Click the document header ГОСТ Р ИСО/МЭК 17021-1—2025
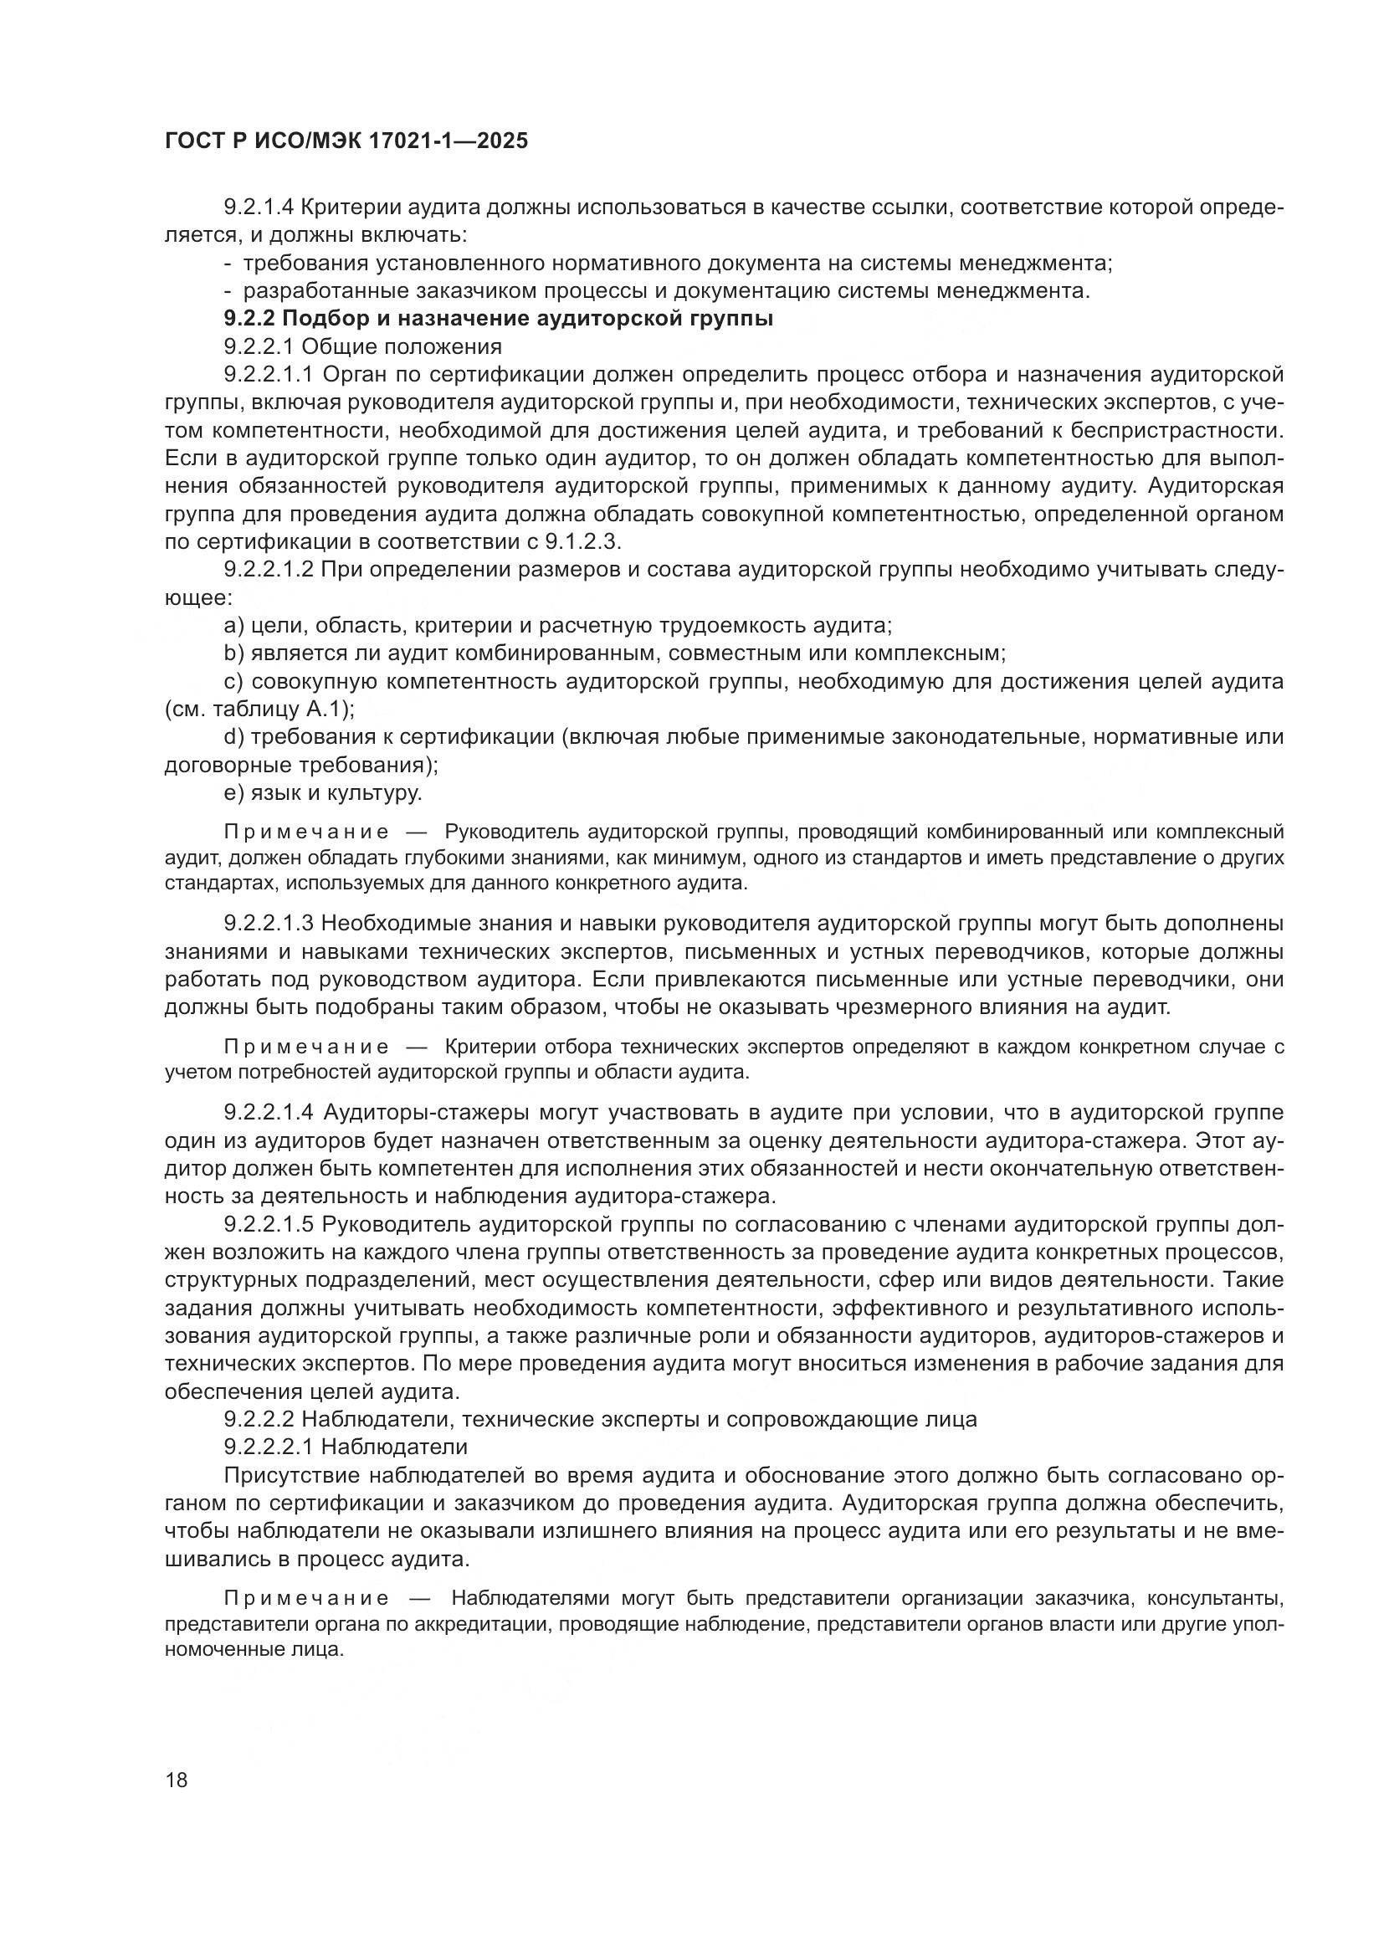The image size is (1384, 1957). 346,141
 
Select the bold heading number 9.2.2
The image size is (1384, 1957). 249,320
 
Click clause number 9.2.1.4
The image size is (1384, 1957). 259,207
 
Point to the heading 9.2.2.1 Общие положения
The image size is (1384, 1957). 362,347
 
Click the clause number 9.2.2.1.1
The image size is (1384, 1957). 269,375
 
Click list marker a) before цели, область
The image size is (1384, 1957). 234,627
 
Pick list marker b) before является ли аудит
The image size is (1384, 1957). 234,653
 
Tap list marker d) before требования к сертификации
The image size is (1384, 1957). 234,737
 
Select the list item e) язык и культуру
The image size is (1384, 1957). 322,793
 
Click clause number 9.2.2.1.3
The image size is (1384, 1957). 269,923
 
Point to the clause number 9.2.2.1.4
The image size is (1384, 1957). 269,1113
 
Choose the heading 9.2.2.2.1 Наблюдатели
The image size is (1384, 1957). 345,1447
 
